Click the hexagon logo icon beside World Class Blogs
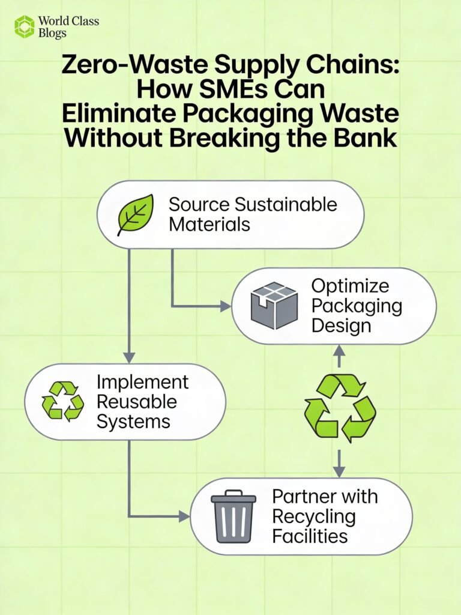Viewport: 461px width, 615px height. [25, 27]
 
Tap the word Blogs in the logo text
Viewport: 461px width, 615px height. [52, 34]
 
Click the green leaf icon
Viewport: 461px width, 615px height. [135, 214]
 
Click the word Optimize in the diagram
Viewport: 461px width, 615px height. [350, 286]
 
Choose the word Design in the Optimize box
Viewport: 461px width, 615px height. [342, 326]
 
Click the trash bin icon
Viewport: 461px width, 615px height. [234, 517]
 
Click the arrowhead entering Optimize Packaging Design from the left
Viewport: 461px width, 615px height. [226, 306]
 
